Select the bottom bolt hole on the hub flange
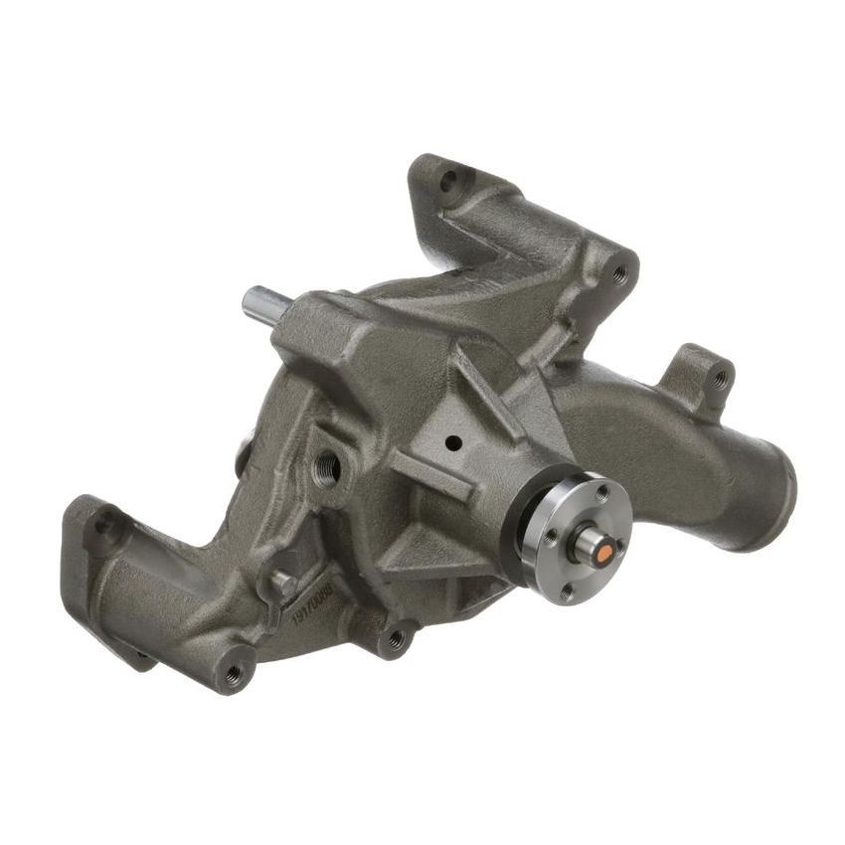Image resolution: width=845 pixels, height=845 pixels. (x=567, y=595)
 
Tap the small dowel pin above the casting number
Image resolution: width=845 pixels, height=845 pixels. (x=282, y=583)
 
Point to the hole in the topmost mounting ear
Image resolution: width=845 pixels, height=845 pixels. (x=449, y=179)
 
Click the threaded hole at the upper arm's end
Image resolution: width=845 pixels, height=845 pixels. (x=621, y=268)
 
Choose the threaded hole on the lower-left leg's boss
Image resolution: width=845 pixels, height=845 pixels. (x=235, y=672)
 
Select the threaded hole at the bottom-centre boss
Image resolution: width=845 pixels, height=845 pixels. (x=398, y=636)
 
